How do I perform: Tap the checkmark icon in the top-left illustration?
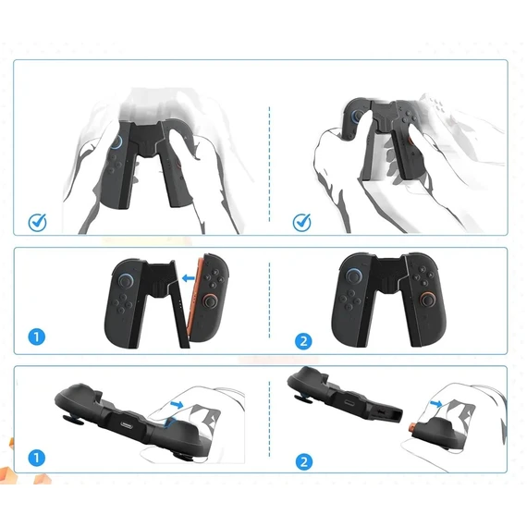click(37, 222)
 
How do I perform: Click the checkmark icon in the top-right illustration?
click(301, 222)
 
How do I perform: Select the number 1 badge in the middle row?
click(37, 337)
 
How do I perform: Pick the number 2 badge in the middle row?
click(303, 341)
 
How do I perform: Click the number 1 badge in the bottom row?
click(37, 458)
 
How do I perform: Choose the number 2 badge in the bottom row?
click(304, 461)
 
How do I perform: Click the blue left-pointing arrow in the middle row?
click(188, 278)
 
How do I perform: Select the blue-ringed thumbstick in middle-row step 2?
click(354, 277)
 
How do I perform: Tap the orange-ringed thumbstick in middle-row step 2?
click(427, 300)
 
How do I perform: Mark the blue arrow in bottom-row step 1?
click(177, 404)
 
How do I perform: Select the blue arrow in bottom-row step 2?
click(436, 404)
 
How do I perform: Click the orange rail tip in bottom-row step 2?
click(411, 427)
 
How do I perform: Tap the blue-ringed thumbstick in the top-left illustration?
click(116, 141)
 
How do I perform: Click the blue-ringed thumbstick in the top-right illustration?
click(356, 116)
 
